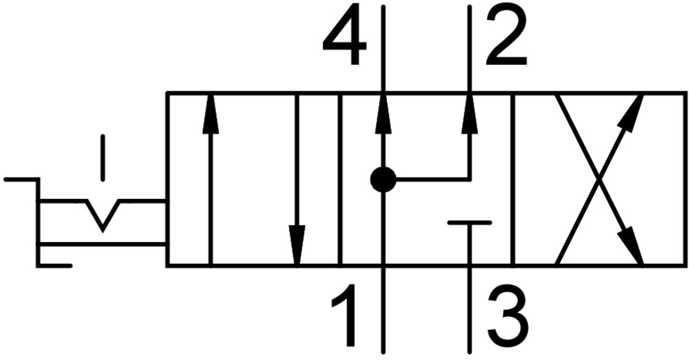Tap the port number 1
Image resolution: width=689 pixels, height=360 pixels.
[x=346, y=315]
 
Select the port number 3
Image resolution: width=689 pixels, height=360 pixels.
[x=506, y=315]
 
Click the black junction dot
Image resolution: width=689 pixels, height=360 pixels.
[x=383, y=179]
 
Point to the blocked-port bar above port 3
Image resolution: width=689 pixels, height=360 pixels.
[x=470, y=223]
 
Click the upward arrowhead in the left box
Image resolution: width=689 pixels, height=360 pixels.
[x=210, y=112]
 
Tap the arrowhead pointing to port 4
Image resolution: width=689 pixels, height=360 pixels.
[x=383, y=111]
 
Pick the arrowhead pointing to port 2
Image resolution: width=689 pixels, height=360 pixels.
[x=470, y=111]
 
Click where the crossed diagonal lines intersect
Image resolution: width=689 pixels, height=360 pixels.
[x=599, y=179]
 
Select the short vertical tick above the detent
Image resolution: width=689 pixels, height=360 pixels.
[x=102, y=157]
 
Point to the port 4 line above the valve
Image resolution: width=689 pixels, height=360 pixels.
[x=383, y=46]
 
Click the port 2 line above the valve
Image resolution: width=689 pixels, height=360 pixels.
[x=470, y=46]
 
